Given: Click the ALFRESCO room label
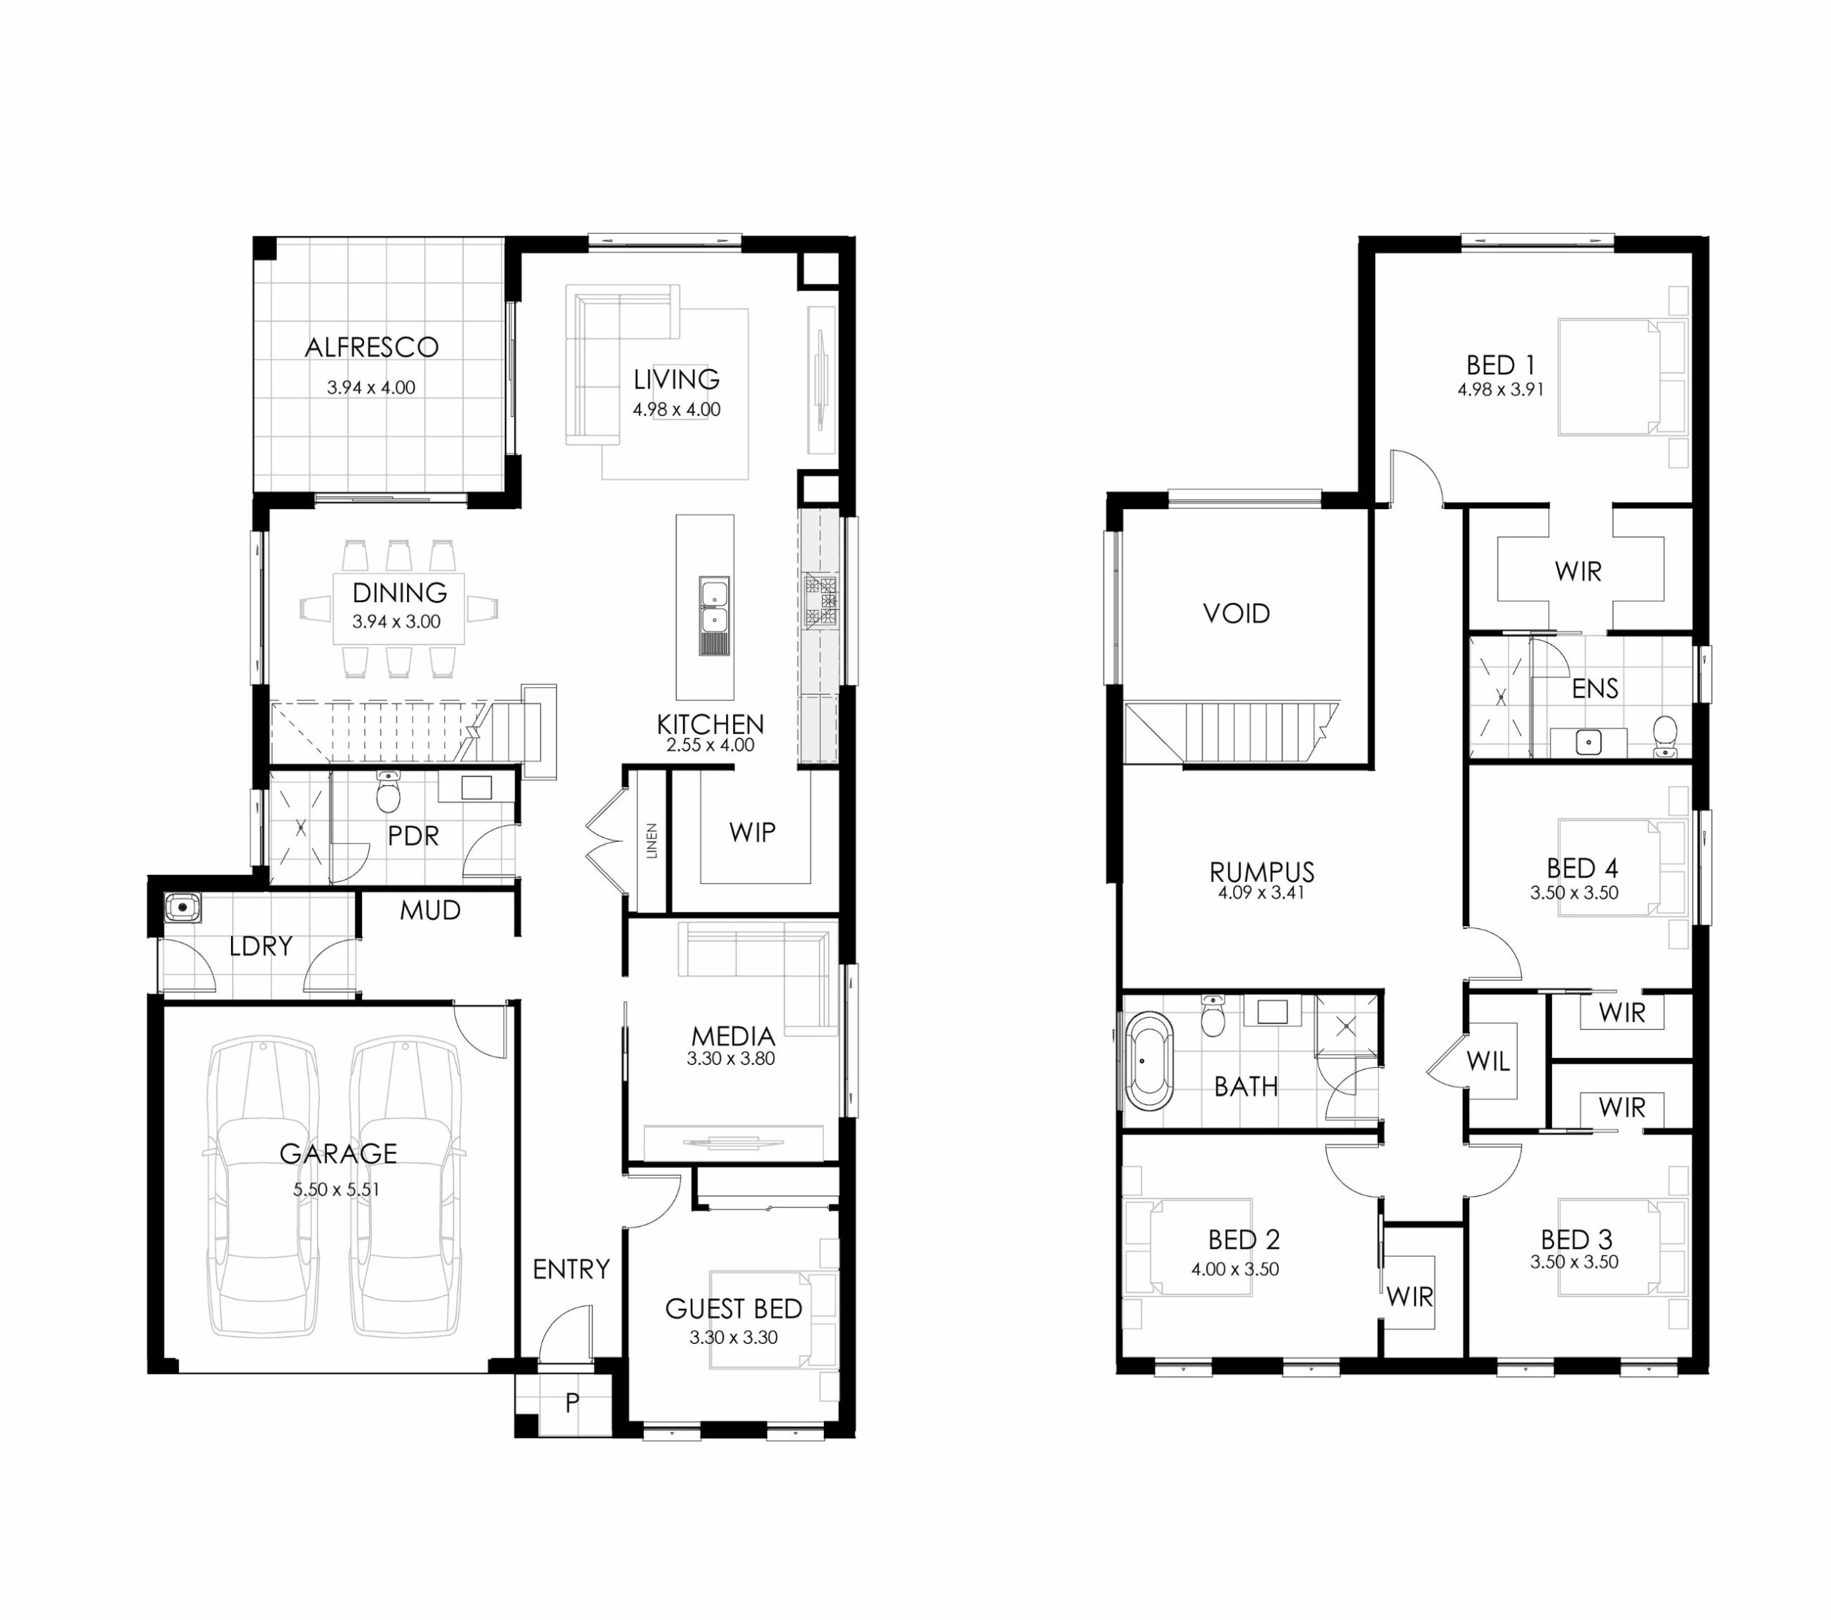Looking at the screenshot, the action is (372, 348).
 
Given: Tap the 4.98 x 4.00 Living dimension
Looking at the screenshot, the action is (677, 410).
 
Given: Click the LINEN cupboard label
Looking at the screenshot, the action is (652, 840).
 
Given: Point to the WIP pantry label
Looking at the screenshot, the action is (752, 833).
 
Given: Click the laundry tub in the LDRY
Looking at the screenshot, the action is (182, 908).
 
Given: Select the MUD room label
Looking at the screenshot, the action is (430, 910).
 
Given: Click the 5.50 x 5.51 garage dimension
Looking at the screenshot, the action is (337, 1190).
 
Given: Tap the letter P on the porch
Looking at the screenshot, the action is (572, 1403).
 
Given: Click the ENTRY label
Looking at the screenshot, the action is (571, 1269).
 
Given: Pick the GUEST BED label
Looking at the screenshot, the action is (734, 1309).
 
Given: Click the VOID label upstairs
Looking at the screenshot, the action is (1236, 614).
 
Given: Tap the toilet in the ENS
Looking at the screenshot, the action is (1665, 736).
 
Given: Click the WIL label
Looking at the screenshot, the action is (1488, 1062).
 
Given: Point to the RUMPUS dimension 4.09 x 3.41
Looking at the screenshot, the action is (1261, 893).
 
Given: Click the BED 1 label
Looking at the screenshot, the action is (1501, 365).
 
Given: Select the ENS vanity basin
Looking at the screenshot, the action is (1589, 742).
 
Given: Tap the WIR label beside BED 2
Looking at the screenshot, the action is (1410, 1297).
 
